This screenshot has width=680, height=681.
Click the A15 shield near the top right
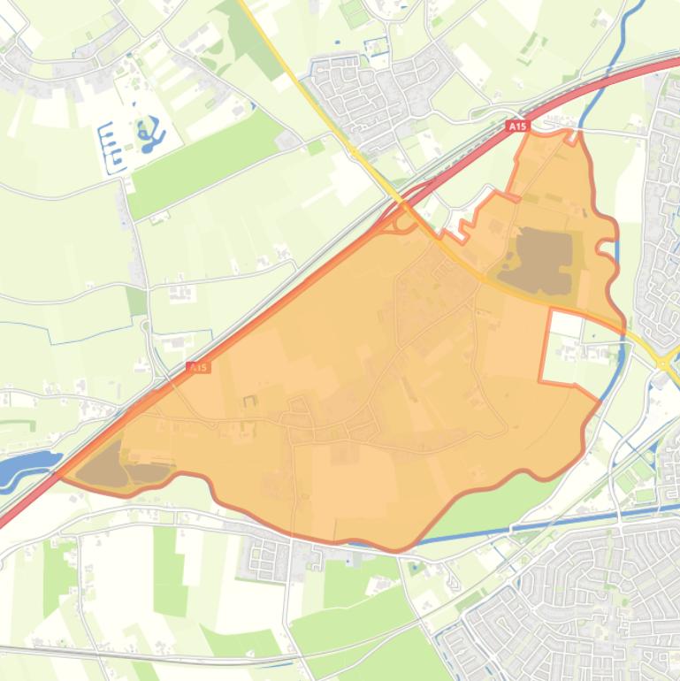click(x=517, y=126)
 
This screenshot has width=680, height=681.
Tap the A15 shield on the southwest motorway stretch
click(x=199, y=367)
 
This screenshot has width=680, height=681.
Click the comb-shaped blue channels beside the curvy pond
click(x=111, y=146)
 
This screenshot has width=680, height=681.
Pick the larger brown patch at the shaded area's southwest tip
click(x=99, y=465)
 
